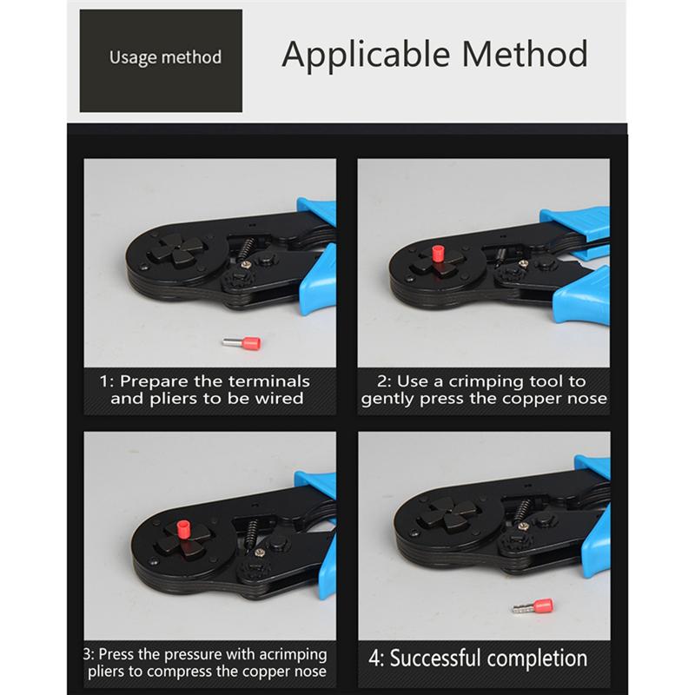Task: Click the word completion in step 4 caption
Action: click(538, 658)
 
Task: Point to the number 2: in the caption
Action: click(385, 381)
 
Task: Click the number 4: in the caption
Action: click(377, 658)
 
